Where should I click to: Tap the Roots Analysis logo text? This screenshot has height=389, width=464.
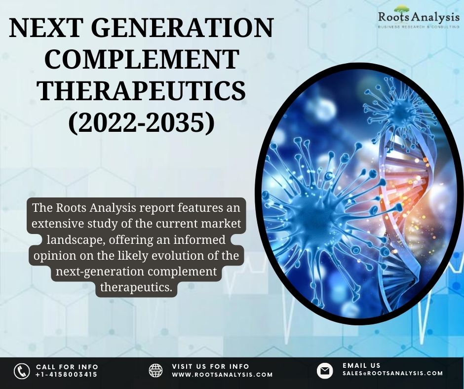[x=419, y=17]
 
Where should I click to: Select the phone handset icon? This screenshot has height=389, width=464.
[x=22, y=371]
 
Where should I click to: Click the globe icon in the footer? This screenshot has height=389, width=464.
[x=155, y=370]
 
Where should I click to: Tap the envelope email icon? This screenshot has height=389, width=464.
[x=325, y=370]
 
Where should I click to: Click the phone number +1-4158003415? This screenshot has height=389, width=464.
[x=66, y=375]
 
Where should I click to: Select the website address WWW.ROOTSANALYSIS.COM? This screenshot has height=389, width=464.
[x=222, y=375]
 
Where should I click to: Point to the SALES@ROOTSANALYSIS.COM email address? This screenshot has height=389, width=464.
[x=393, y=374]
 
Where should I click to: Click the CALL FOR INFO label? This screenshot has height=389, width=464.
[x=67, y=367]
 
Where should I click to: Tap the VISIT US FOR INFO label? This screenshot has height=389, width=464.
[x=210, y=367]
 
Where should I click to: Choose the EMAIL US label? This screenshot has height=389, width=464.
[x=361, y=366]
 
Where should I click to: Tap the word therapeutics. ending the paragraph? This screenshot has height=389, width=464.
[x=136, y=287]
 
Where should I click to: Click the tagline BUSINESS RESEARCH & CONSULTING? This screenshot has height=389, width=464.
[x=419, y=27]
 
